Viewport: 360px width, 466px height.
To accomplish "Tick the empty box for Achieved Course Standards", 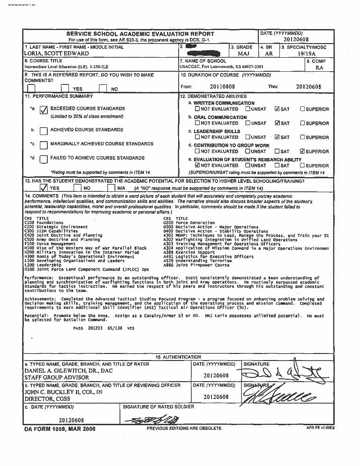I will point(44,131).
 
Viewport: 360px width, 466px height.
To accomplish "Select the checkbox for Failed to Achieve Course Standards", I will point(44,159).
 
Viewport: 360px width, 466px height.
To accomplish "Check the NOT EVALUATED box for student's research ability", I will point(198,165).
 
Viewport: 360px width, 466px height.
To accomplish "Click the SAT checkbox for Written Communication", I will point(277,109).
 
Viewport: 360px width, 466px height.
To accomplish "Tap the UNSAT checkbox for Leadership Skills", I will point(247,137).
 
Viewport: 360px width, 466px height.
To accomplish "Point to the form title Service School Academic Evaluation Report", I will point(141,34).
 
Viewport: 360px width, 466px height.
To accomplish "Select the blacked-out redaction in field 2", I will point(192,47).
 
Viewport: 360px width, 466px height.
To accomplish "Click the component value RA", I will point(319,68).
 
